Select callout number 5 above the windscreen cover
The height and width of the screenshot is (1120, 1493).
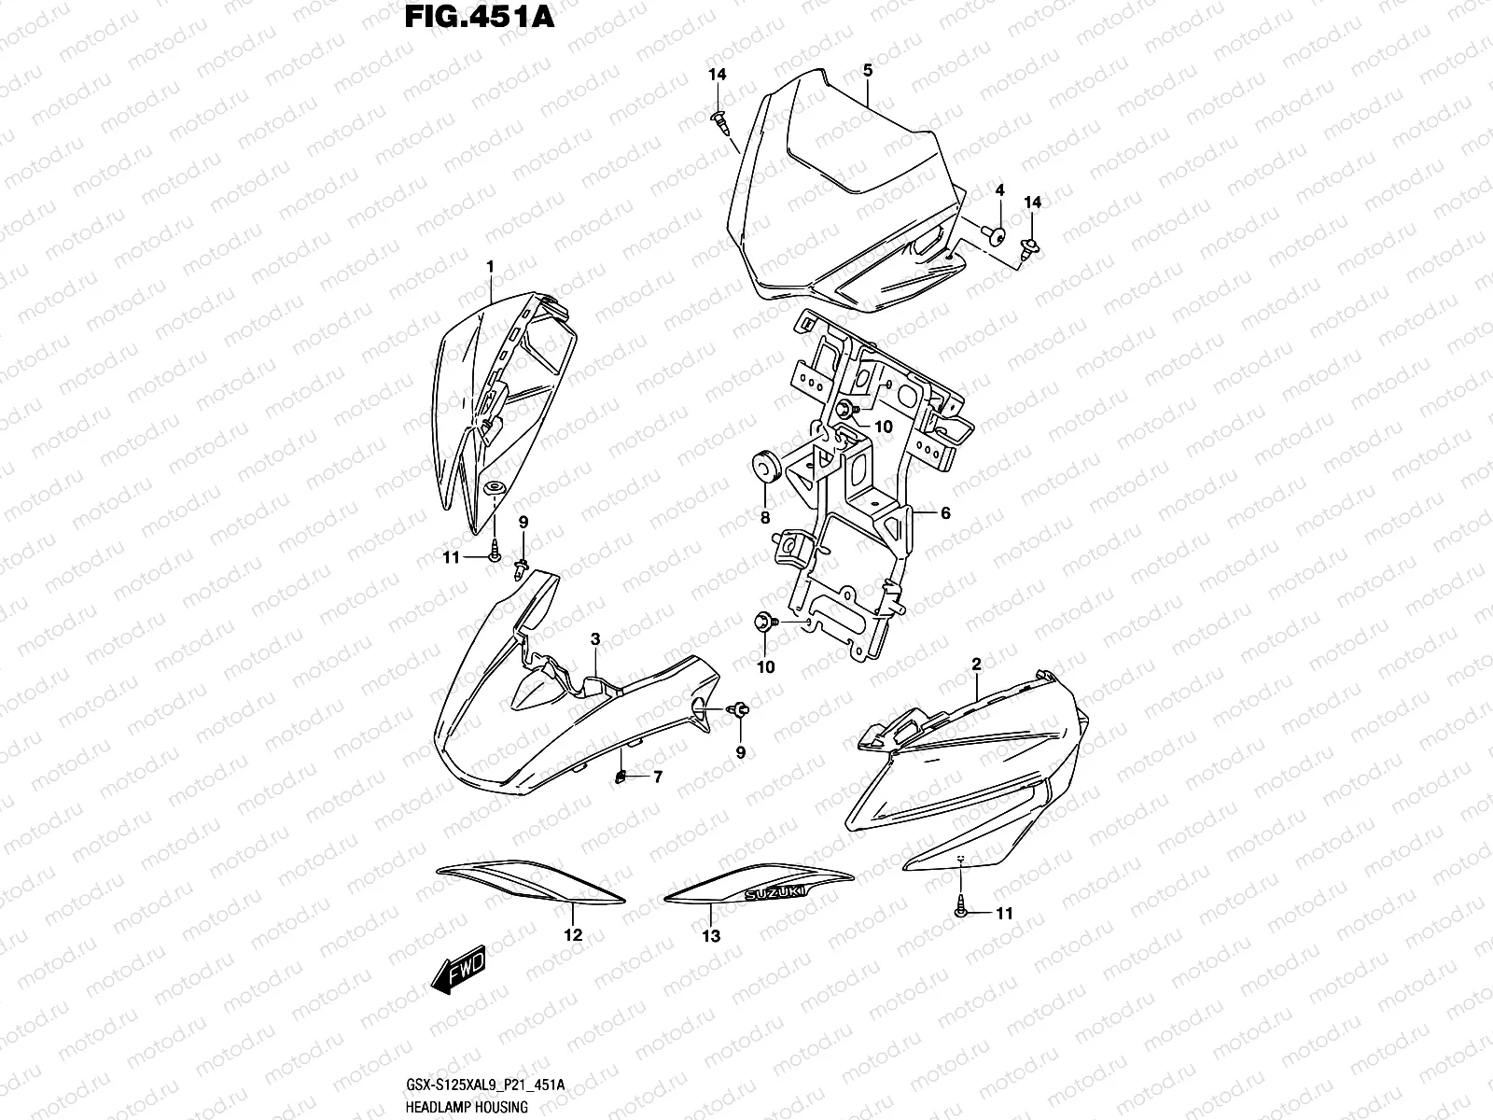[x=867, y=70]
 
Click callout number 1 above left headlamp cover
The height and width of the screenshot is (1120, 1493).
[x=489, y=267]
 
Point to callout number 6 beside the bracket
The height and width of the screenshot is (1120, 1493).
[x=944, y=513]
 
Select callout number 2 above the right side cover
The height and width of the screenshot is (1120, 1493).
[x=976, y=665]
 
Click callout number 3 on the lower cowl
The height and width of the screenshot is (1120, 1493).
[x=594, y=638]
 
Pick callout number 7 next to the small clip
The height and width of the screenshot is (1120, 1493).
[x=657, y=777]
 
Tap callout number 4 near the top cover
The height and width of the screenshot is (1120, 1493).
[x=998, y=189]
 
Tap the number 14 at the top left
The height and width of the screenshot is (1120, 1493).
[x=717, y=74]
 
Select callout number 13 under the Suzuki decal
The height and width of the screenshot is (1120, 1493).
[x=711, y=935]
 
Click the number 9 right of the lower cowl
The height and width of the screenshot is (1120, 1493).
[x=741, y=752]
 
